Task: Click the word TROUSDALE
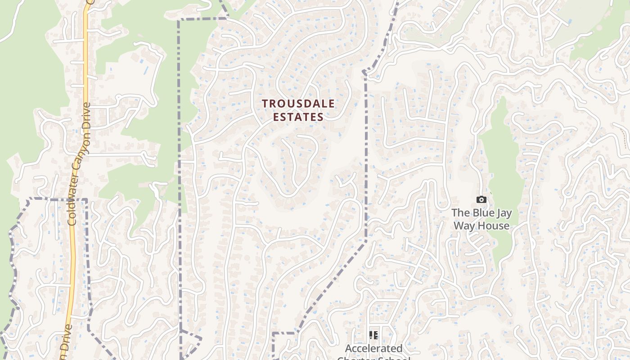[298, 103]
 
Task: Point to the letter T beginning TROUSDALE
[265, 103]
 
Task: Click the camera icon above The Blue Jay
[481, 199]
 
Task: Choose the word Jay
[504, 213]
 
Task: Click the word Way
[463, 225]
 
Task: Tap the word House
[494, 225]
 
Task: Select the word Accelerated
[373, 348]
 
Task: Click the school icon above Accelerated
[373, 335]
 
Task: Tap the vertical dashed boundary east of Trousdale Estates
[365, 157]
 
